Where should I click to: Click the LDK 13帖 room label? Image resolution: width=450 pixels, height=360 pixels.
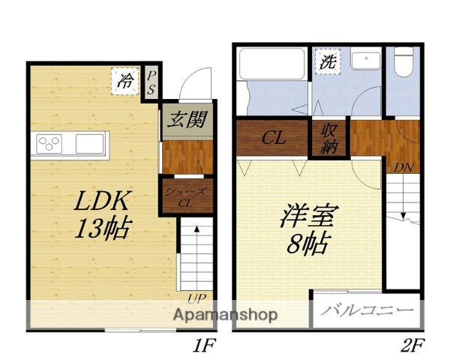(x=103, y=214)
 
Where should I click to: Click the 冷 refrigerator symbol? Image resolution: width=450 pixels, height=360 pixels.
(x=125, y=80)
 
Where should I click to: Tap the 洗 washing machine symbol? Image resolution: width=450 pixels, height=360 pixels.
(x=328, y=61)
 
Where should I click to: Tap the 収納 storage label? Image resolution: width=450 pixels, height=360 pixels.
(x=329, y=139)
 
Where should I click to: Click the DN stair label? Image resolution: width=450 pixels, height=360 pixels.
(x=405, y=167)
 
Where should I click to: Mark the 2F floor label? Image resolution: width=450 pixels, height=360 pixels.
(x=412, y=346)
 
